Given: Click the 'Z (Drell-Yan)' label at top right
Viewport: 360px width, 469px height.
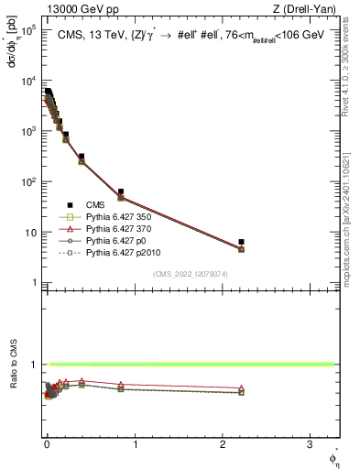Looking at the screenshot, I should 308,10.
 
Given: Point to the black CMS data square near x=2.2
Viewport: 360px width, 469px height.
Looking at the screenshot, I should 241,242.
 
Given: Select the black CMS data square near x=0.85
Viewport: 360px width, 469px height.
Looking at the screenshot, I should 121,192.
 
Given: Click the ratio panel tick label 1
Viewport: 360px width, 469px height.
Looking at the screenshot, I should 34,365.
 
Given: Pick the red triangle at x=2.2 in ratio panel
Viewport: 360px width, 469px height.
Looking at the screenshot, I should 241,388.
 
